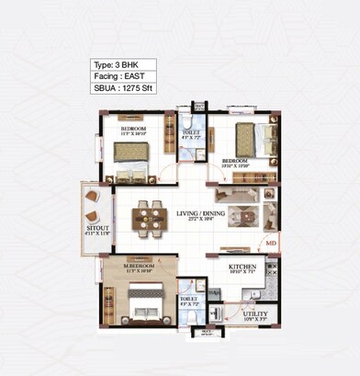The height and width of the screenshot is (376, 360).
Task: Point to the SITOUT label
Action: pos(96,226)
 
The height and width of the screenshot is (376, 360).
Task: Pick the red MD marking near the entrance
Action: pos(271,244)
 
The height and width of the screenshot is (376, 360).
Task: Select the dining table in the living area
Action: pos(146,217)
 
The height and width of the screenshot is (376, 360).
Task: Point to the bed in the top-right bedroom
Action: pos(250,140)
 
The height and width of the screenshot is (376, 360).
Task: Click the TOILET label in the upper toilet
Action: pos(191,132)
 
